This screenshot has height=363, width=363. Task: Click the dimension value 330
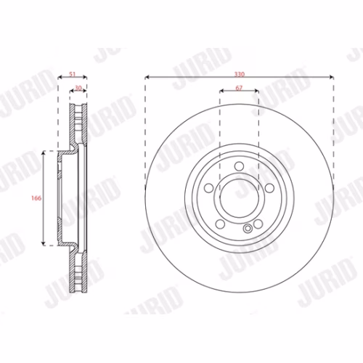240,74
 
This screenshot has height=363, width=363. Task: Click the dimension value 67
239,88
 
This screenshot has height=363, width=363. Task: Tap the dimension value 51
73,74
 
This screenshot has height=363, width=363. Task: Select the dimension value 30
78,88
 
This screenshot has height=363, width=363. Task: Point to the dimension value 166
36,198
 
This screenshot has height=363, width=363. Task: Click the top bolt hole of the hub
239,166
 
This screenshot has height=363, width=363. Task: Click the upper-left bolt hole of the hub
209,188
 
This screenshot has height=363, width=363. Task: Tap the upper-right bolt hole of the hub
269,188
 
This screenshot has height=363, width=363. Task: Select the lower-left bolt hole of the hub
220,224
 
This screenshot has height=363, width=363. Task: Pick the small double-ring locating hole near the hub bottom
248,228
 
